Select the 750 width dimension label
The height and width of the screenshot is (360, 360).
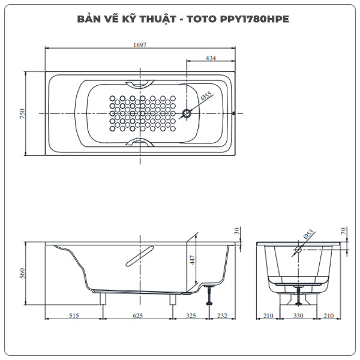point(22,113)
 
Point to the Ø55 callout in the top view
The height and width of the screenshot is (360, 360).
point(205,97)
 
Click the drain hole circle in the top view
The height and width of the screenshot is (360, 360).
point(188,113)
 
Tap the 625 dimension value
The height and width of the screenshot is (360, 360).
point(138,314)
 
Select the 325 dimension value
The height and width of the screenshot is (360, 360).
point(191,314)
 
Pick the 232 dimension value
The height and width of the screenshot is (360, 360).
point(222,314)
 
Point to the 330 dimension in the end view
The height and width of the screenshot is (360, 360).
point(298,314)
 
